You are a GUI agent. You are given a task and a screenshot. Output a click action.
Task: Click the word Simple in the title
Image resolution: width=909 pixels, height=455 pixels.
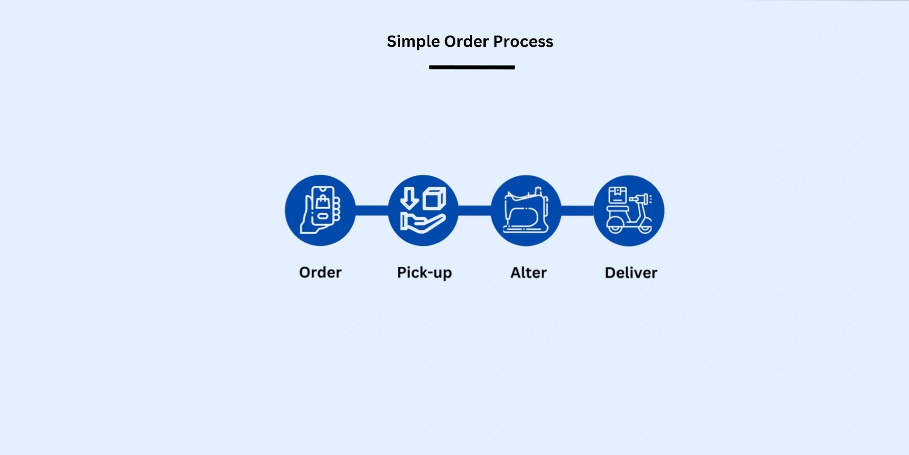pos(413,42)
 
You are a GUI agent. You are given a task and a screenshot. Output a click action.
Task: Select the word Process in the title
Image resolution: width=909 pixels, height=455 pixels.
pos(523,42)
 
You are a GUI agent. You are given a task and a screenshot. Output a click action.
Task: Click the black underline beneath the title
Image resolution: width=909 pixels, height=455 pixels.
pos(472,67)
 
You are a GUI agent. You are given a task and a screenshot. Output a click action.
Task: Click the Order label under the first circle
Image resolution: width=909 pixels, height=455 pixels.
pos(320,273)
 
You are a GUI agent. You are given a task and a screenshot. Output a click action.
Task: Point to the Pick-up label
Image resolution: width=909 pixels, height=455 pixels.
pos(424,273)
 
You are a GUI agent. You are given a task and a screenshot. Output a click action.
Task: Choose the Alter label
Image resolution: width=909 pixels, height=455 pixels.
pos(528,273)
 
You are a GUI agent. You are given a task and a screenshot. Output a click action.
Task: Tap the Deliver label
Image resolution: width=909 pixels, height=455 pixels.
pos(631,273)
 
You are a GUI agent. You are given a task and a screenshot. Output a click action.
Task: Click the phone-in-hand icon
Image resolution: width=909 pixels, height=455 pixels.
pos(320,210)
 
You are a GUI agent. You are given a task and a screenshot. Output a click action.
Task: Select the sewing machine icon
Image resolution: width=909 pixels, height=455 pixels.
pos(526,210)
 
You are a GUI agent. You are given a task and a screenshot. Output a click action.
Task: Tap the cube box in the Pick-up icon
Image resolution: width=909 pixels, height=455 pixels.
pos(434,198)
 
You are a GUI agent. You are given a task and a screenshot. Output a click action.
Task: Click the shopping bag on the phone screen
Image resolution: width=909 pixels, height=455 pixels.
pos(323,202)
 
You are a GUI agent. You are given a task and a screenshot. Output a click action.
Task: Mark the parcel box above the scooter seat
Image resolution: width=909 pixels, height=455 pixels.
pos(617,195)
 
